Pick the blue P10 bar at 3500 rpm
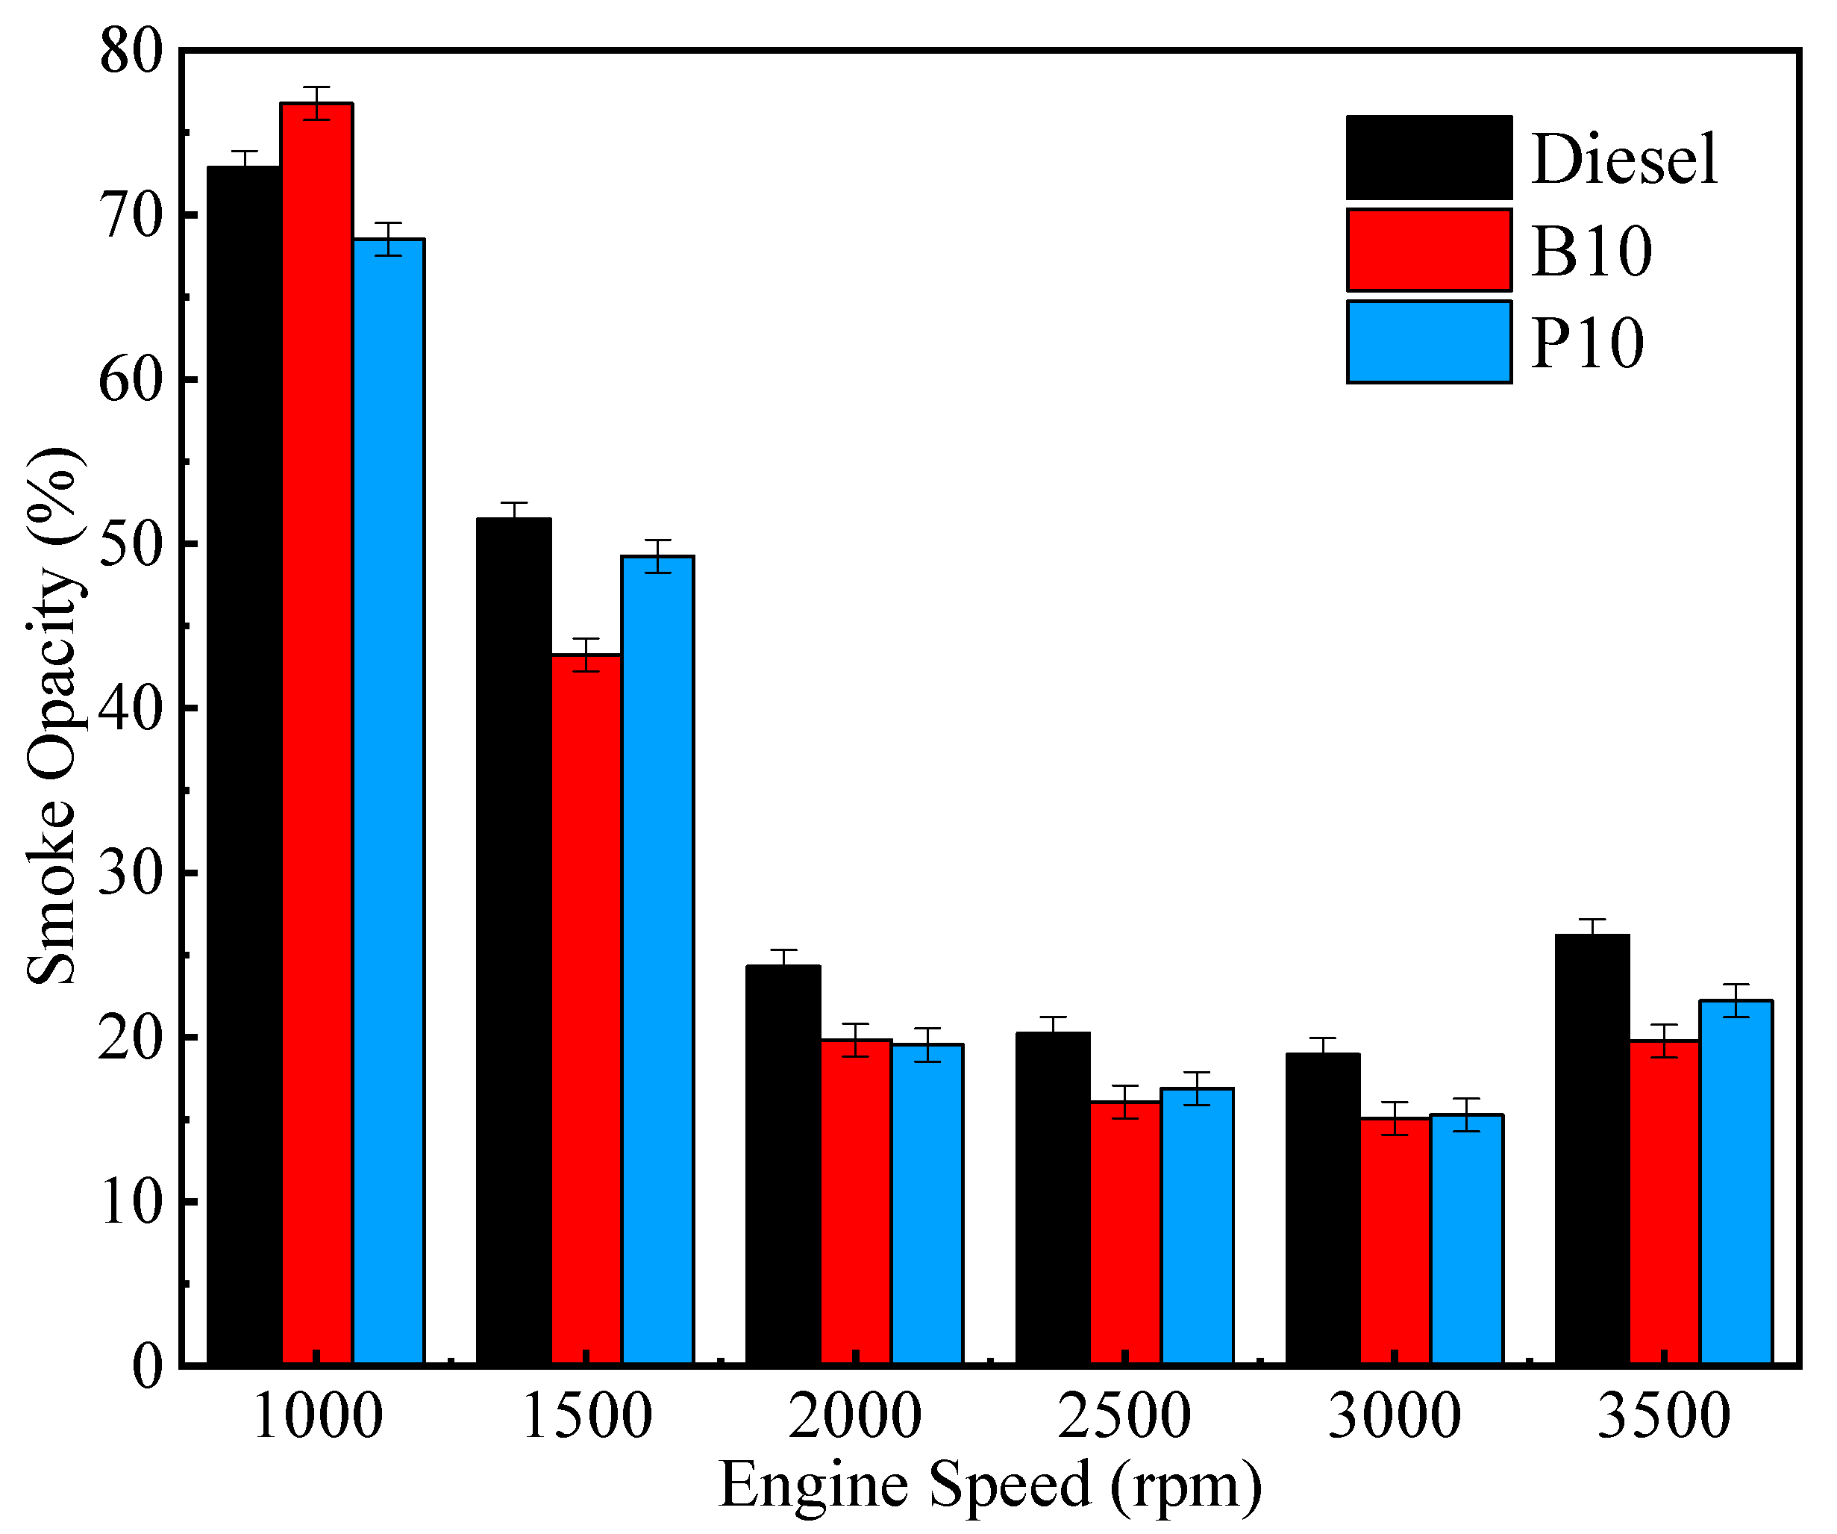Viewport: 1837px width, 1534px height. pos(1736,1182)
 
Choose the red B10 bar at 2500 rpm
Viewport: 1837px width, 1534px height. pos(1126,1234)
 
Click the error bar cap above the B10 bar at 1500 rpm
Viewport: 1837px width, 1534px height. pos(586,640)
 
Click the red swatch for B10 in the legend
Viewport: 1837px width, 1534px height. pos(1428,250)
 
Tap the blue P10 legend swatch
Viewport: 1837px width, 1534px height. pos(1428,342)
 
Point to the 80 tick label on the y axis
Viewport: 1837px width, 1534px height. pos(131,52)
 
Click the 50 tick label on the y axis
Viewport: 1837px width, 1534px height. pos(131,544)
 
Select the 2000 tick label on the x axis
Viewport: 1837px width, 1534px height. pos(854,1418)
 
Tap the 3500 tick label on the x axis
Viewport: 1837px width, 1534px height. pos(1664,1418)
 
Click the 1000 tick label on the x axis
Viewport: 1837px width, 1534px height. pos(316,1418)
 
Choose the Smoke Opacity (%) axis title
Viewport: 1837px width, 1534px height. pos(54,716)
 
